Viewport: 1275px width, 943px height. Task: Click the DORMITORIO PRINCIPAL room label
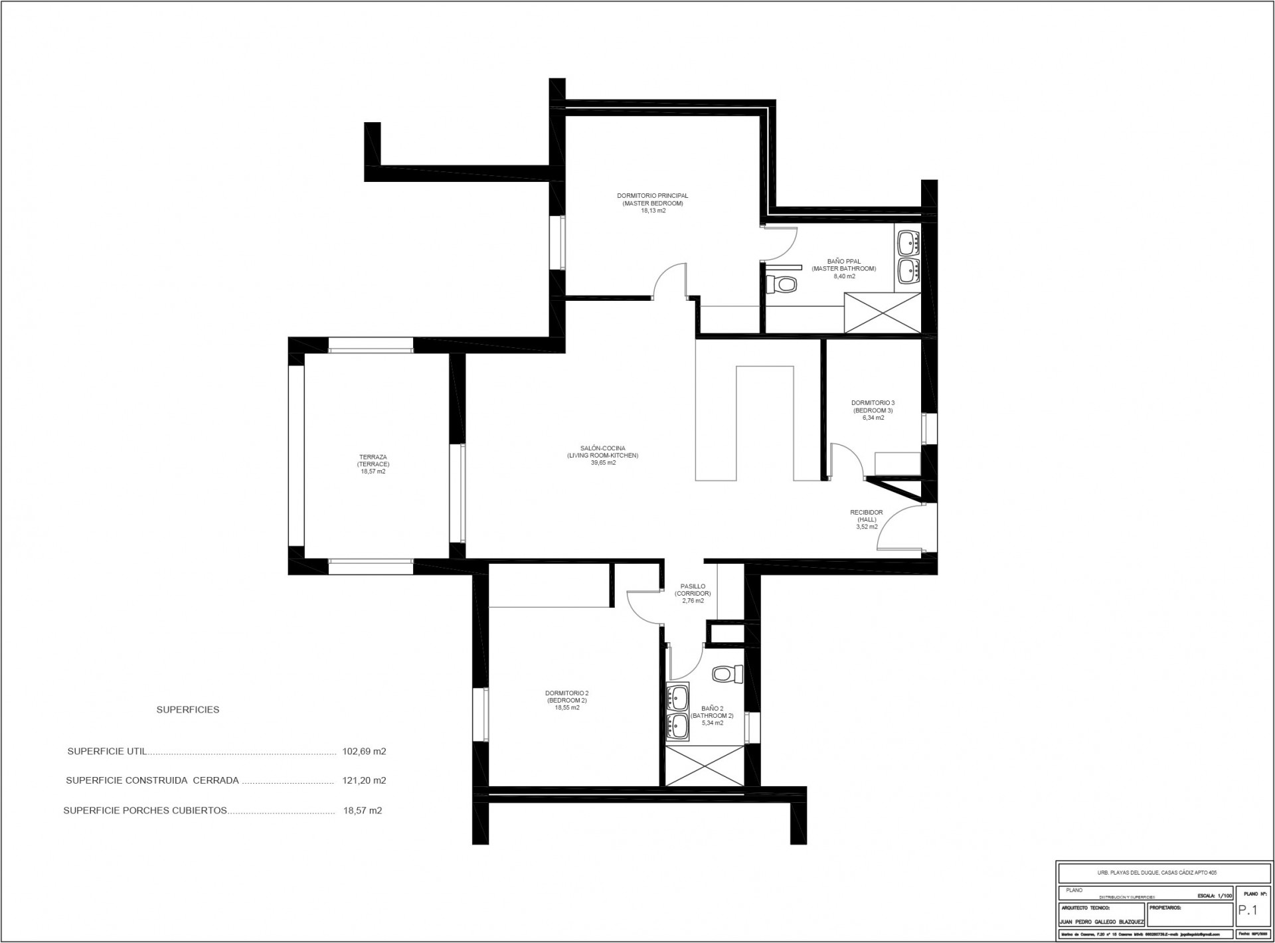click(x=652, y=196)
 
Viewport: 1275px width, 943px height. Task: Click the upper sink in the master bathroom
click(x=907, y=242)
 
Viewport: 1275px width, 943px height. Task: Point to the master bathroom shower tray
click(x=882, y=312)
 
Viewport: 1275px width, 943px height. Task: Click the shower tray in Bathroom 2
click(x=705, y=766)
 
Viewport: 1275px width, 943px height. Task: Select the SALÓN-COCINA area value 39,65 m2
click(x=603, y=463)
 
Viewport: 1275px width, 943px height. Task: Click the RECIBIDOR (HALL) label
click(x=866, y=516)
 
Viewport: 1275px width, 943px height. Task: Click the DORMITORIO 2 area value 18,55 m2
click(x=566, y=708)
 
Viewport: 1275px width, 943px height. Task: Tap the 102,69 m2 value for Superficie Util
click(x=364, y=752)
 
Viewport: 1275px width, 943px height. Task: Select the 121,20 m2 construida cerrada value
click(x=364, y=780)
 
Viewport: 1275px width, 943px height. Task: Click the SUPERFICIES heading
click(x=187, y=709)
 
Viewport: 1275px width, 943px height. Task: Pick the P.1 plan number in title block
click(x=1248, y=911)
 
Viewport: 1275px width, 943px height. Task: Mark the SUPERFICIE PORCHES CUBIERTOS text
click(x=145, y=810)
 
